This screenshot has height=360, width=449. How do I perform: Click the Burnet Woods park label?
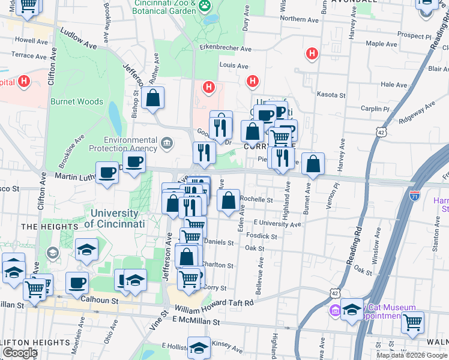(x=77, y=102)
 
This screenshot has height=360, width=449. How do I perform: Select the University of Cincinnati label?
(x=115, y=218)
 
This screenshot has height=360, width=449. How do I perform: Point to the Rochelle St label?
(x=256, y=200)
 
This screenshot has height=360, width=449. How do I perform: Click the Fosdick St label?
(x=265, y=236)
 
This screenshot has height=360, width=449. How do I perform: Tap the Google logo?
(x=20, y=352)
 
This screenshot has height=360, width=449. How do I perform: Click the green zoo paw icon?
(x=205, y=5)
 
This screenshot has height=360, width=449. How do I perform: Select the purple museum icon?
(x=334, y=310)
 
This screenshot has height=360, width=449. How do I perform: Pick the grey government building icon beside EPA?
(x=167, y=144)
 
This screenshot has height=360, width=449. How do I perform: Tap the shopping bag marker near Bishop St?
(x=153, y=98)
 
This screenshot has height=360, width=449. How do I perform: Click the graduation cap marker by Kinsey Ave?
(x=199, y=347)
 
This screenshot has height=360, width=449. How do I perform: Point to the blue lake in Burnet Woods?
(x=115, y=112)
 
